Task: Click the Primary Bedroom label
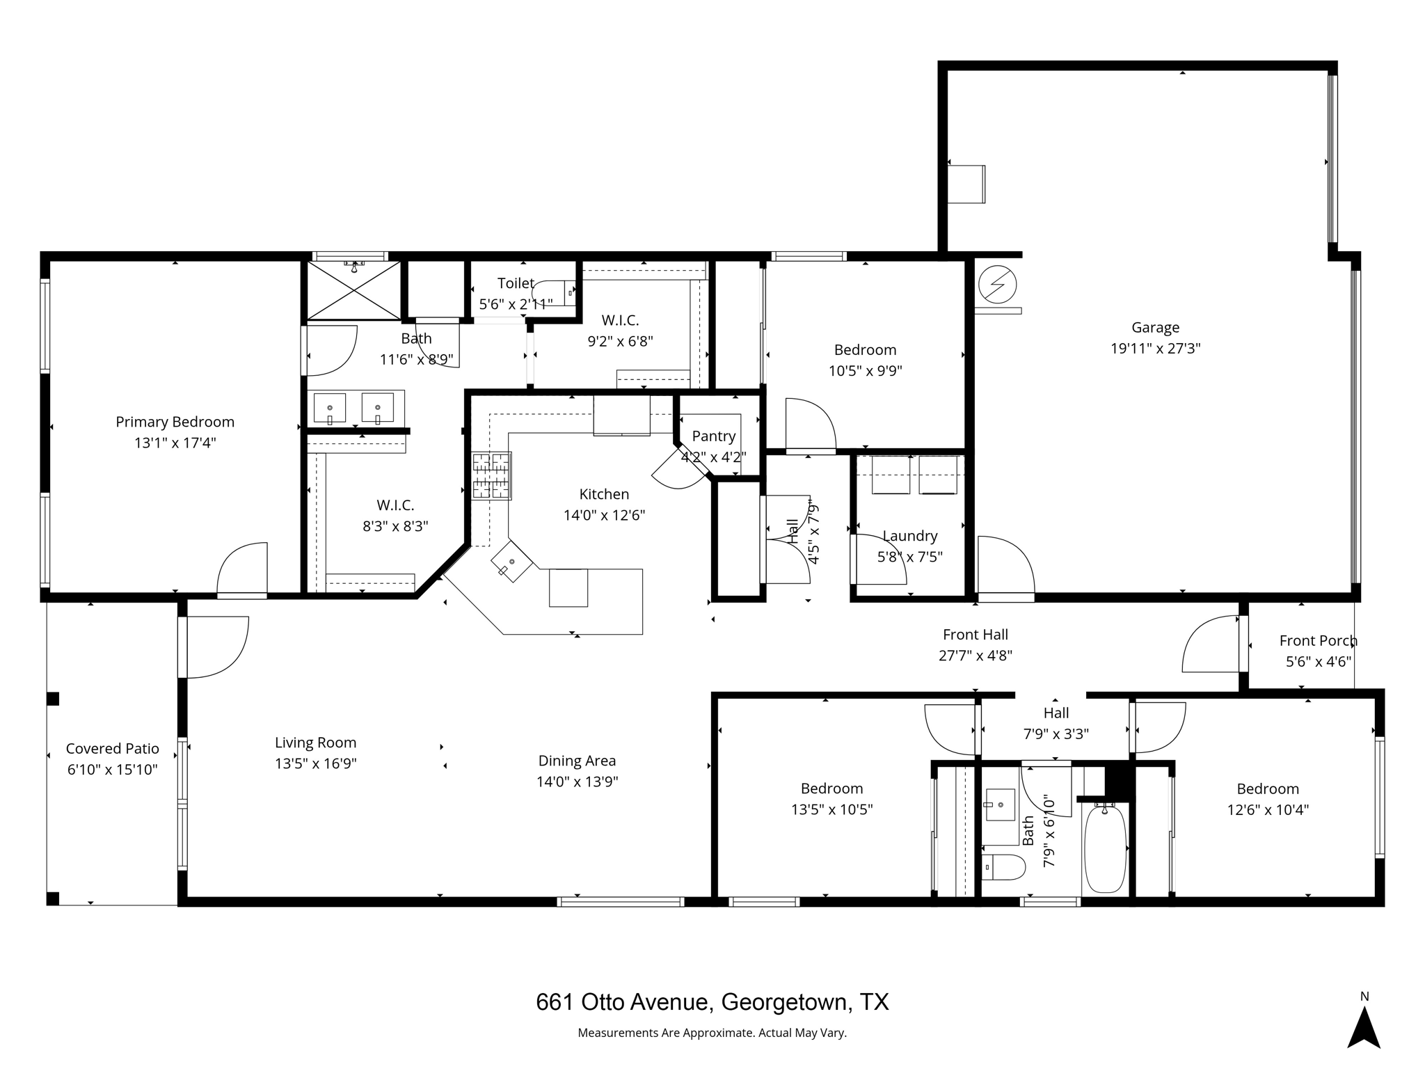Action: [175, 422]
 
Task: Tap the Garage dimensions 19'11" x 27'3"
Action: [1156, 349]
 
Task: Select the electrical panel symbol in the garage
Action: [997, 285]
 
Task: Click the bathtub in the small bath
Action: [1105, 848]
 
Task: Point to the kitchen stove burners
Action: [492, 476]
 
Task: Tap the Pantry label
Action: [714, 436]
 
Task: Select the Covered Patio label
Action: [113, 749]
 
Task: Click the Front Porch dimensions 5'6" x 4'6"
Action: [1319, 661]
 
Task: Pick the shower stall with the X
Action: [354, 291]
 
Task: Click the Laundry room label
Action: [910, 536]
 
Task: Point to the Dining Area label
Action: [578, 761]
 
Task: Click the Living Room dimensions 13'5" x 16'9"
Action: [316, 763]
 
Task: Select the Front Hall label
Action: [976, 635]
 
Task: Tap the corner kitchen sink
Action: [512, 561]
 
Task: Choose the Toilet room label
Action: [516, 283]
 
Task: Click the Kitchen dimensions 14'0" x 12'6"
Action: [605, 516]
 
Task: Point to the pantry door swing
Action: [678, 468]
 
